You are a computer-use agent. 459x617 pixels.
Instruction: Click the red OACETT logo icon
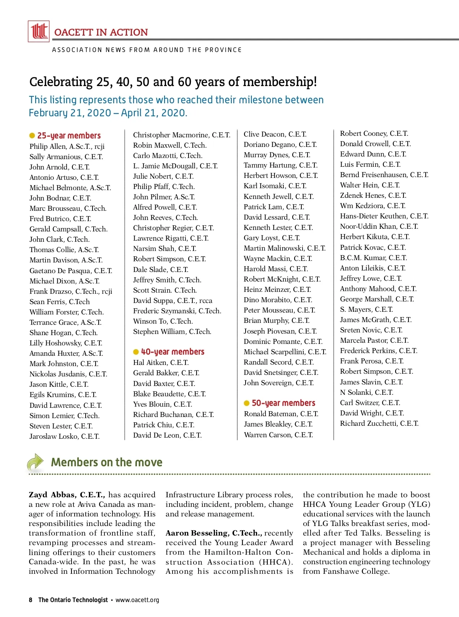(x=39, y=31)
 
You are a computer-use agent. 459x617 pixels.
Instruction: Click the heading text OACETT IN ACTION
(x=101, y=32)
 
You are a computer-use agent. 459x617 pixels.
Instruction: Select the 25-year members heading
(x=69, y=135)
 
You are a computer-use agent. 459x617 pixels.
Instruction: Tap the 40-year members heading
(x=173, y=352)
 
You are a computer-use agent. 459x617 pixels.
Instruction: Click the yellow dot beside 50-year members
(x=247, y=403)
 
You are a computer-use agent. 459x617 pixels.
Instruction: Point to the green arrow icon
(x=36, y=462)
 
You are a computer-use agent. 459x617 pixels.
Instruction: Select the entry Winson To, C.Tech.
(x=163, y=321)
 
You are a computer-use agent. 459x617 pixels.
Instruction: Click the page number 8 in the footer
(x=31, y=600)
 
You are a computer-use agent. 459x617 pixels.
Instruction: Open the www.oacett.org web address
(x=137, y=600)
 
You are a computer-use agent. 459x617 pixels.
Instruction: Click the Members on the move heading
(x=107, y=462)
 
